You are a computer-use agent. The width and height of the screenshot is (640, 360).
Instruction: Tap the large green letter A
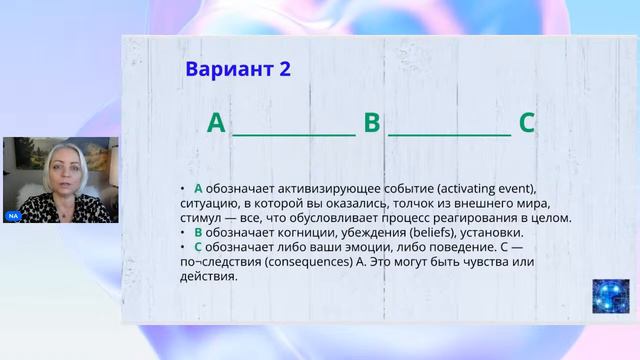tap(216, 124)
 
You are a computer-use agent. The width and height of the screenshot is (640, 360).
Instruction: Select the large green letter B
tap(372, 124)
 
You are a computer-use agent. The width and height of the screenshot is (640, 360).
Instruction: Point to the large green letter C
tap(527, 124)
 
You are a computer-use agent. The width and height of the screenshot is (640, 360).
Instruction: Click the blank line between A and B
tap(294, 132)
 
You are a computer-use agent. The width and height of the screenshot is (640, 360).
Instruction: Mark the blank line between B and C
tap(449, 132)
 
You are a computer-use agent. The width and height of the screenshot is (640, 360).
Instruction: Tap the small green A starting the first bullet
tap(198, 189)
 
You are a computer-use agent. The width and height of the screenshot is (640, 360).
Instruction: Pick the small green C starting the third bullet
tap(198, 247)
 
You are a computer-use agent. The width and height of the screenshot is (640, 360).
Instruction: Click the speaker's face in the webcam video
tap(60, 169)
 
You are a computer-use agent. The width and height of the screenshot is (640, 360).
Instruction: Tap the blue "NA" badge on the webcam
tap(13, 216)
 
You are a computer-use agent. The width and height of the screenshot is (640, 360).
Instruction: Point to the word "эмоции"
tap(356, 247)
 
